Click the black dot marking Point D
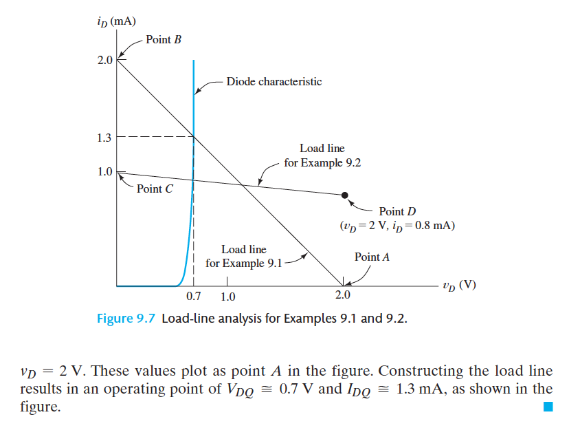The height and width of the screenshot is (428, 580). click(345, 195)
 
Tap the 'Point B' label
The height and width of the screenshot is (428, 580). click(164, 39)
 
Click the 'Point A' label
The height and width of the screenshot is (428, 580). click(372, 257)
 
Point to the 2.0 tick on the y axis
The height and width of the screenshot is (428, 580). click(104, 61)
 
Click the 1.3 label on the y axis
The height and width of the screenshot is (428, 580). click(104, 138)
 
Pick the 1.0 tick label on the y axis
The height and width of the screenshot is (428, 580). click(104, 171)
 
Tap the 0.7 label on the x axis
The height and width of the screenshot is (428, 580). click(194, 297)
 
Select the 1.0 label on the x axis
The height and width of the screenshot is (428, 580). click(227, 297)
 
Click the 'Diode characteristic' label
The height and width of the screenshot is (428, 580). click(274, 81)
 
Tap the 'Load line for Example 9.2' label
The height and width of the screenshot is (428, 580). click(322, 156)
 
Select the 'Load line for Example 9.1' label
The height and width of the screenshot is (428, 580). click(244, 256)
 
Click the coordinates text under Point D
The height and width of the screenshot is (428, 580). click(397, 225)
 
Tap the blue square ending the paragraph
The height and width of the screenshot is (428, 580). click(548, 407)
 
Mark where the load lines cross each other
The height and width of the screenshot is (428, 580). click(242, 184)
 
